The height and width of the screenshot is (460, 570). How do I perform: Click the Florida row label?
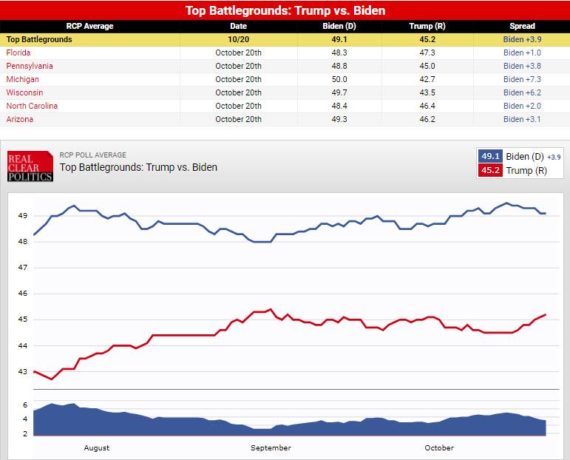point(18,53)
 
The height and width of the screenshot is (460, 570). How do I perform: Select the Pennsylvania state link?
point(29,66)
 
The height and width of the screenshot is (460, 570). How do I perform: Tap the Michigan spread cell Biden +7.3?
point(522,79)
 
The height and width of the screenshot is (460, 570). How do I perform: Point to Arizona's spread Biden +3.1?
point(522,119)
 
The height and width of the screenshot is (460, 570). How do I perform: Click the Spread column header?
point(522,26)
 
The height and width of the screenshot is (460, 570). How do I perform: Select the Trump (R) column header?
point(421,26)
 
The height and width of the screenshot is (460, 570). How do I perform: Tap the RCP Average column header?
point(89,26)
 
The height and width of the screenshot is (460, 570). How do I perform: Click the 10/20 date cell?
point(238,39)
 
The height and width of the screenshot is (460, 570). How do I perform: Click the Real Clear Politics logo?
point(30,166)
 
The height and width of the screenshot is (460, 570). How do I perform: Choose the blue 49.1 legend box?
point(490,157)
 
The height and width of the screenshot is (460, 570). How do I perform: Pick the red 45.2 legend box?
point(490,171)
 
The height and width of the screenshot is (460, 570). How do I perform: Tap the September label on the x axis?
point(271,447)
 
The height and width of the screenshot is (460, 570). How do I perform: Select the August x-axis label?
point(97,447)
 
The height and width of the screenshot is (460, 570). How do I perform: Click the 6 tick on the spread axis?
point(24,405)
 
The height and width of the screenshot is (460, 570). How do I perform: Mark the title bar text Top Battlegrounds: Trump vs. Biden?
point(285,10)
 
